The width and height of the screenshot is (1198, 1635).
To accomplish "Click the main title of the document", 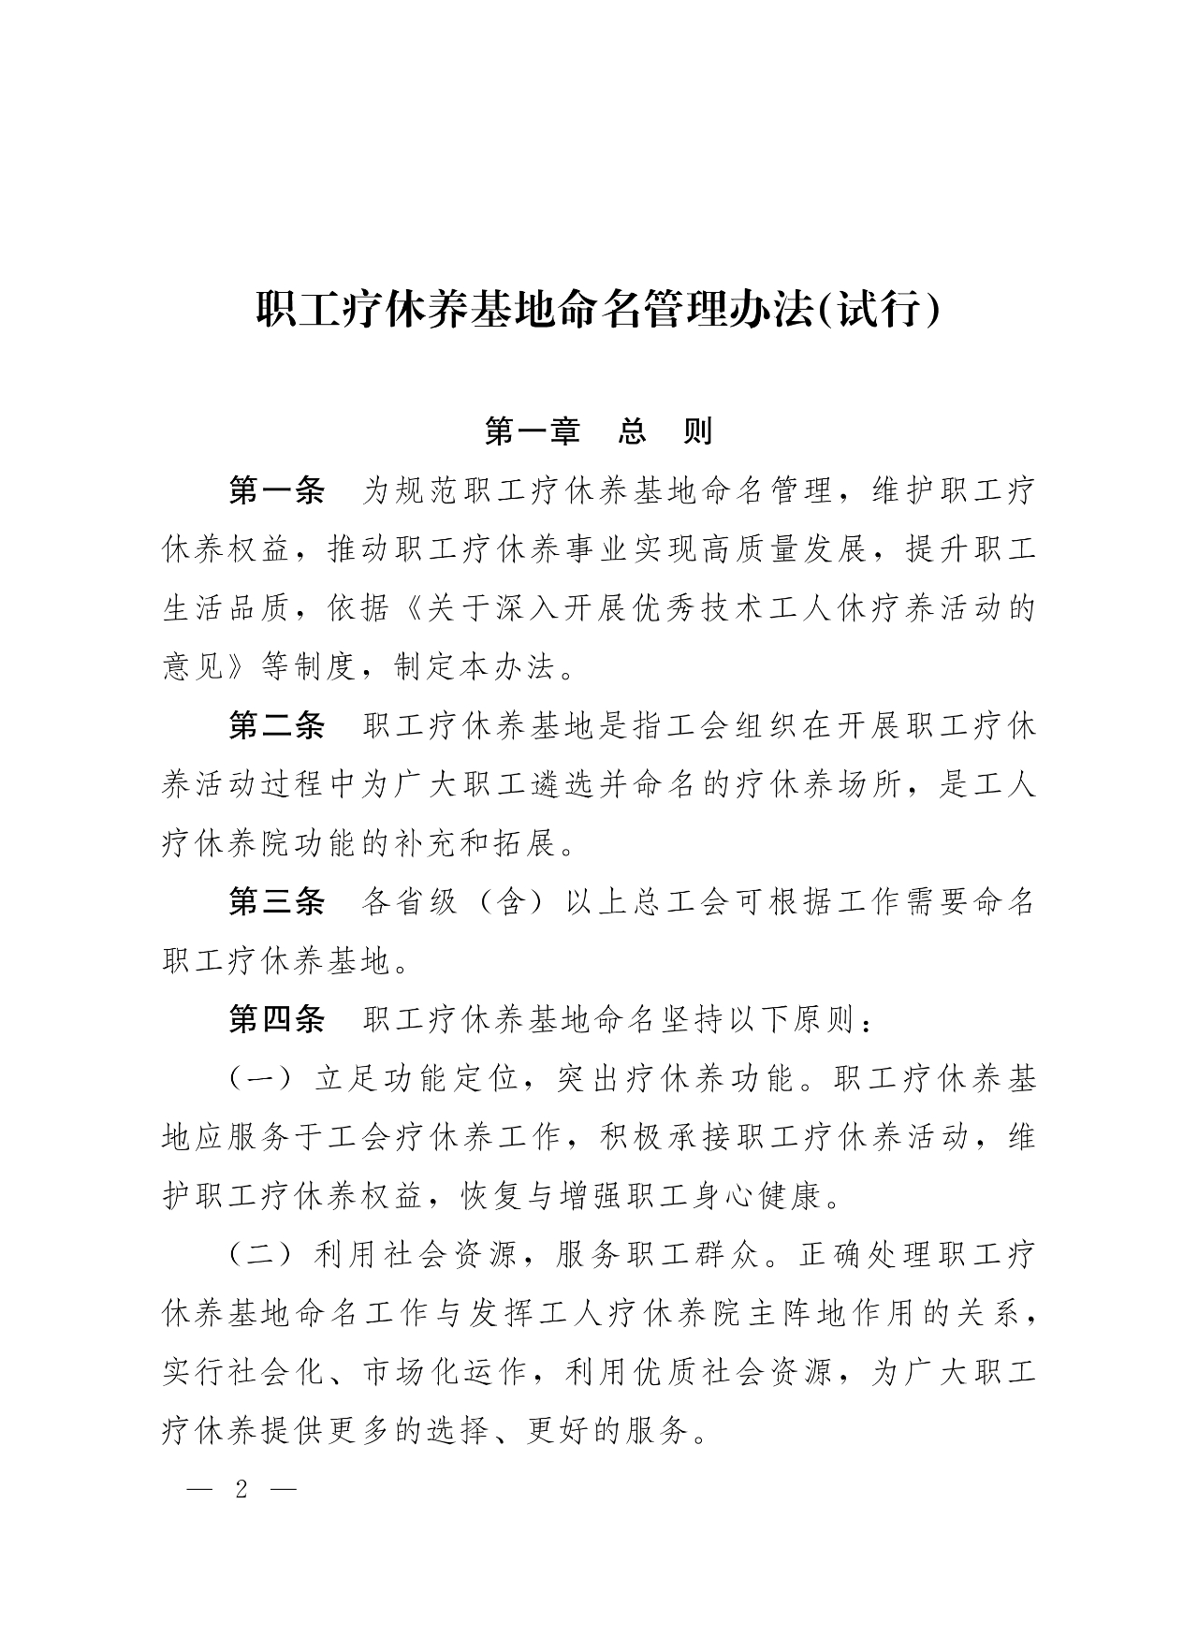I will point(598,310).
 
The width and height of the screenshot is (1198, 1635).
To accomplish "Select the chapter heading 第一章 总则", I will point(598,431).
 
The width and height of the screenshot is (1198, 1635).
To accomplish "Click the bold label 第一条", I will point(277,490).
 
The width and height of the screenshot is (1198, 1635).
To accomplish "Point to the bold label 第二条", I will point(277,726).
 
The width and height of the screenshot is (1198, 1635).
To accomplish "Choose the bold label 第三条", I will point(277,902).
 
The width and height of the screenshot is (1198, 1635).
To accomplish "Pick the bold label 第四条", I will point(277,1020).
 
